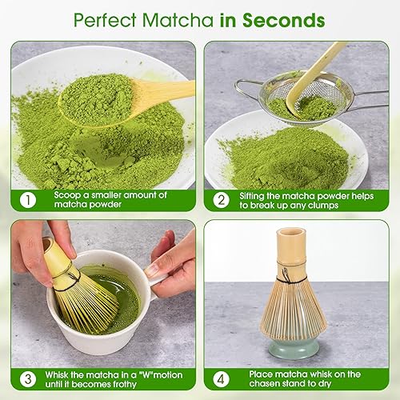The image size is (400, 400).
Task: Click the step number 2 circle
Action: (x=221, y=198)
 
